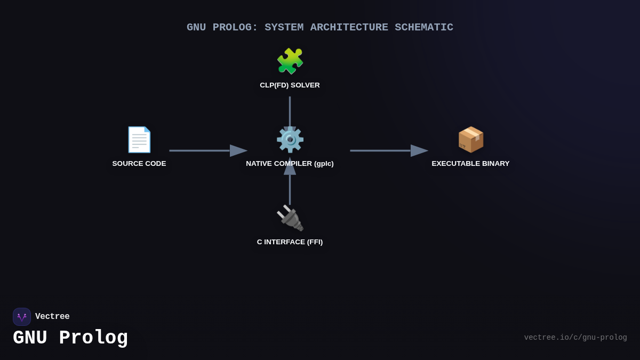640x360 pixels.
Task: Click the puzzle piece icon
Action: pyautogui.click(x=290, y=61)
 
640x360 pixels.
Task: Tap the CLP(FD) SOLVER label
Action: pyautogui.click(x=290, y=85)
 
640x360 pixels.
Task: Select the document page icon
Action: pyautogui.click(x=139, y=140)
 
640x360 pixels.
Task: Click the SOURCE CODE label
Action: pyautogui.click(x=139, y=164)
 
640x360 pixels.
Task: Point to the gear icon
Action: pyautogui.click(x=290, y=140)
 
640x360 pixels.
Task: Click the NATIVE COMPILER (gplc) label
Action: pyautogui.click(x=290, y=164)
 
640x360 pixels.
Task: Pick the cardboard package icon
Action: pyautogui.click(x=470, y=140)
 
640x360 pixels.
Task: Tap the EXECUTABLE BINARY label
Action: pyautogui.click(x=470, y=164)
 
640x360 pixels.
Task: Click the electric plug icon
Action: pyautogui.click(x=290, y=218)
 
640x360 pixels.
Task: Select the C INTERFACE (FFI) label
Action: pyautogui.click(x=290, y=242)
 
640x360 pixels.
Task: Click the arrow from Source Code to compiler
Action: pyautogui.click(x=208, y=151)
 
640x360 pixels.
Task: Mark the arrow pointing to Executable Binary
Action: pyautogui.click(x=389, y=151)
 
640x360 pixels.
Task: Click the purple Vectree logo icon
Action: pyautogui.click(x=22, y=317)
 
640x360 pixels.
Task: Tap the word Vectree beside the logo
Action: pyautogui.click(x=52, y=317)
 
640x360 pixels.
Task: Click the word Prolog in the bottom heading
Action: pyautogui.click(x=93, y=338)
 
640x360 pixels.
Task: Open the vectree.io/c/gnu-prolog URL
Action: pyautogui.click(x=575, y=338)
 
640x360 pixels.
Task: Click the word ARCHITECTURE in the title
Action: pyautogui.click(x=349, y=27)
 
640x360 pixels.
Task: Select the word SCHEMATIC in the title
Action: pyautogui.click(x=424, y=27)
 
